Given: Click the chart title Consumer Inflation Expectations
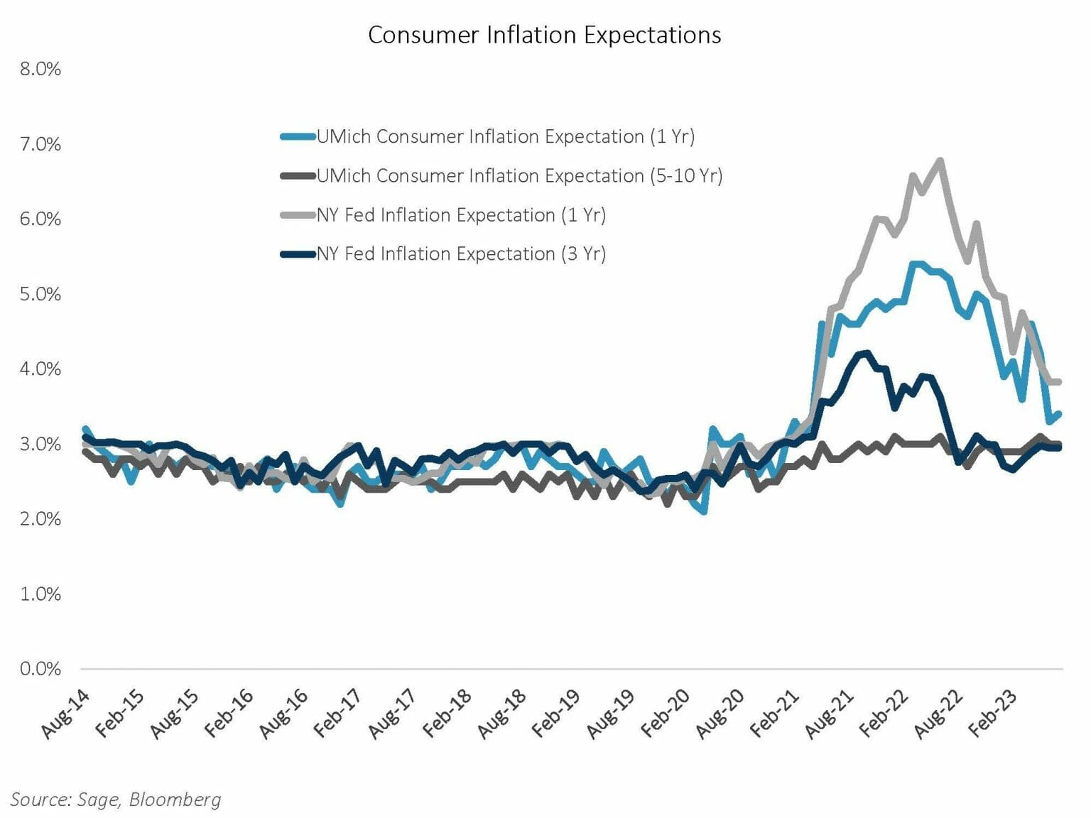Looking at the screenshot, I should tap(544, 35).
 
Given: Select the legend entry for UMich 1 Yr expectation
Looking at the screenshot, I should tap(505, 136).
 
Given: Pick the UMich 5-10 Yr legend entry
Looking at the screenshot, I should tap(519, 175).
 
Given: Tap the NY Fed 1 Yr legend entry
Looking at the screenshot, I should tap(461, 214).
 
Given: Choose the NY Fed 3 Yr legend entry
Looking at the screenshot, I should tap(461, 253).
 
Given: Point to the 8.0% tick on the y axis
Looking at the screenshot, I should tap(40, 69).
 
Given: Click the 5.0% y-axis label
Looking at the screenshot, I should tap(40, 294).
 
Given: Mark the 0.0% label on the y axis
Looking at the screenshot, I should tap(40, 669).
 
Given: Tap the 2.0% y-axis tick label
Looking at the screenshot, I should tap(40, 519).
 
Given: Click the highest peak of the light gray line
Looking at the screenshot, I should tap(940, 160).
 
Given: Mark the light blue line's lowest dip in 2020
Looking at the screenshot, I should tap(703, 511).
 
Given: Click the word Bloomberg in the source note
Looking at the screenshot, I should tap(175, 800).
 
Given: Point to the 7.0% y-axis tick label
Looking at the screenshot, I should tap(40, 144).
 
